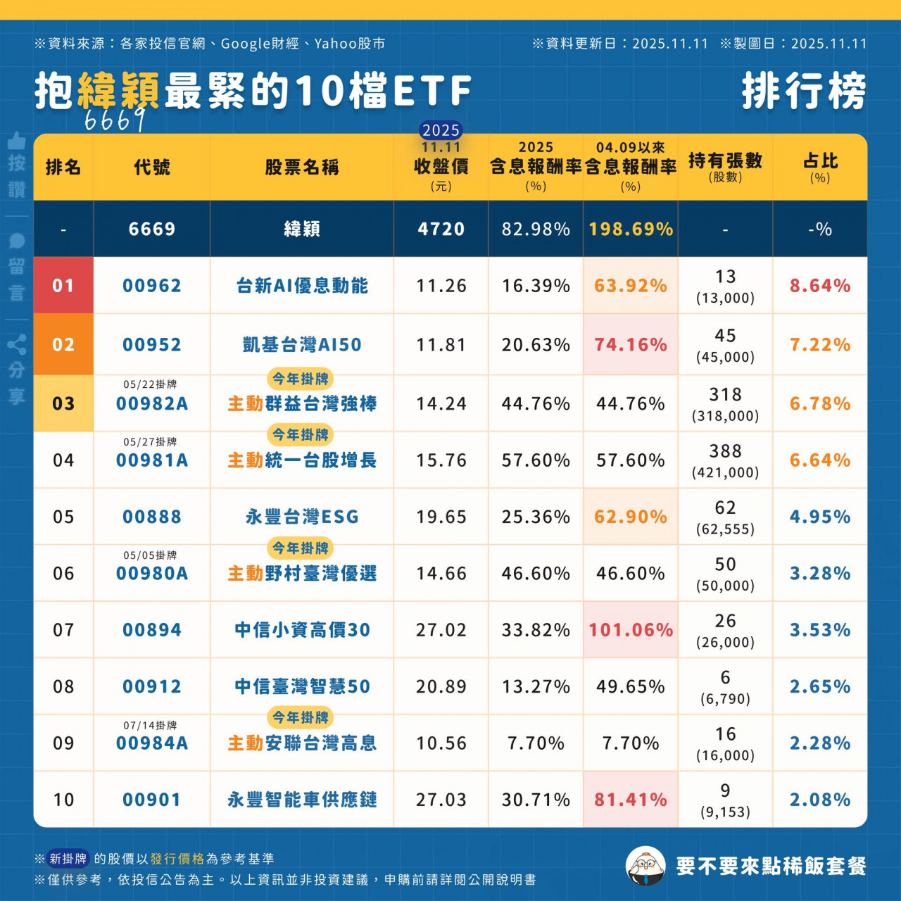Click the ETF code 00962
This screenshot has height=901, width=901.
click(x=151, y=286)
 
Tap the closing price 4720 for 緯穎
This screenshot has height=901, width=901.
click(x=441, y=229)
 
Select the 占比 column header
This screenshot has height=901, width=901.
click(x=820, y=167)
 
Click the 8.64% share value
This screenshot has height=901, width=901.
click(x=820, y=286)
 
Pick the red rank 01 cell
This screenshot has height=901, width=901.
click(x=63, y=286)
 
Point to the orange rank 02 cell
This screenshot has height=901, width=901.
click(x=63, y=344)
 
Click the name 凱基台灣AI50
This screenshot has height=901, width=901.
click(x=302, y=344)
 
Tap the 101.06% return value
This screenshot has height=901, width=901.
click(x=631, y=630)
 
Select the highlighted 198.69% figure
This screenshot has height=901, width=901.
click(x=631, y=229)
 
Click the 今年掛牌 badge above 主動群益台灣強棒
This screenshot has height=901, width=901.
click(x=301, y=379)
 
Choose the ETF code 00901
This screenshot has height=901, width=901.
click(x=151, y=800)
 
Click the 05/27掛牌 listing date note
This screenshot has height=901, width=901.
click(x=150, y=442)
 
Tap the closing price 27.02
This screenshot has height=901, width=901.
click(x=441, y=630)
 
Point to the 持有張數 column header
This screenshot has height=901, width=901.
click(x=725, y=166)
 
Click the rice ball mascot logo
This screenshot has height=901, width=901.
click(x=645, y=866)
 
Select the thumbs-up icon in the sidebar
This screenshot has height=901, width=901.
click(x=17, y=141)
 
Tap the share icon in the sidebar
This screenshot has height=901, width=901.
click(x=17, y=345)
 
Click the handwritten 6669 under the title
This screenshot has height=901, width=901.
click(x=115, y=120)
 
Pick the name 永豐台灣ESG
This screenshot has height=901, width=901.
click(x=302, y=517)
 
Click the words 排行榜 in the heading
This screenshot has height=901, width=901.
click(x=804, y=92)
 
